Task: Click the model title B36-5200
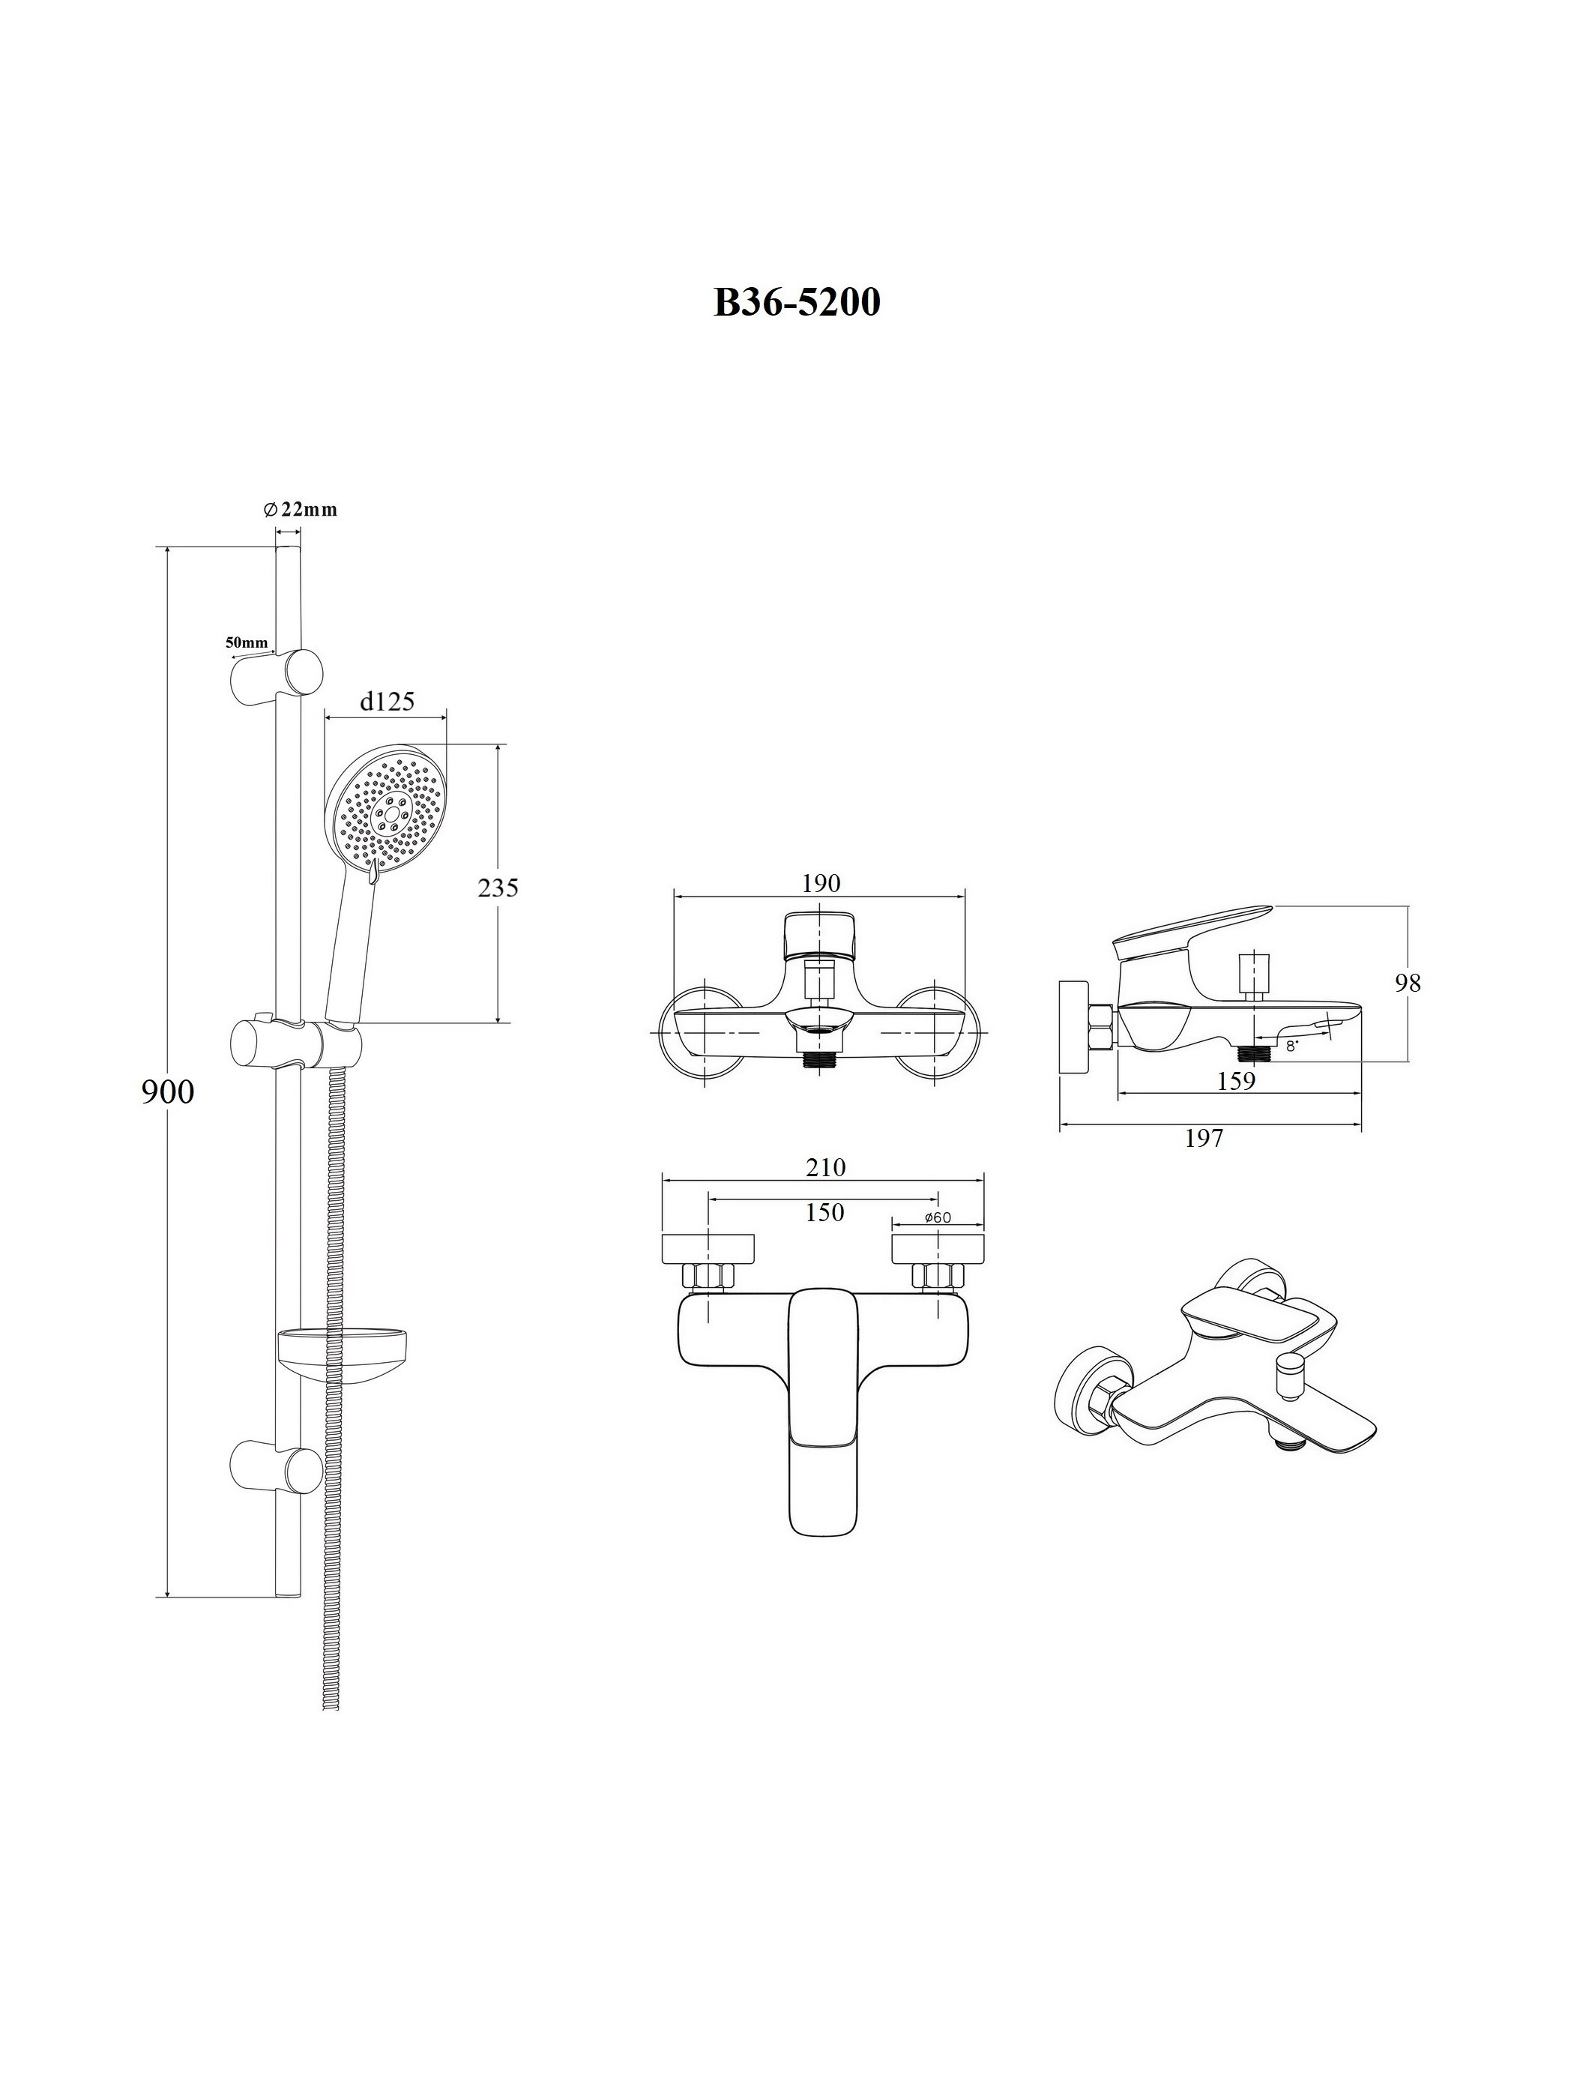click(797, 302)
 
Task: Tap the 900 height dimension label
click(168, 1092)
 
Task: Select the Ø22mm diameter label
click(300, 510)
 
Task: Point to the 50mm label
click(246, 642)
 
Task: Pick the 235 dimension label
click(498, 888)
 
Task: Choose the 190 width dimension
click(821, 882)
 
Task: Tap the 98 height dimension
click(1408, 983)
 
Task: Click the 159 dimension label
click(1235, 1081)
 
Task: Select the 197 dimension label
click(1204, 1138)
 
